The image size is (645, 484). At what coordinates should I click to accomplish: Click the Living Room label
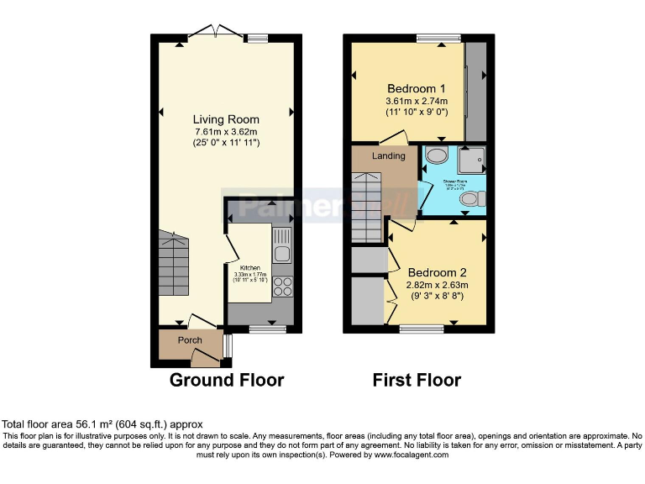point(226,119)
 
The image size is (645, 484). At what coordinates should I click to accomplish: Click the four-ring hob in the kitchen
point(282,287)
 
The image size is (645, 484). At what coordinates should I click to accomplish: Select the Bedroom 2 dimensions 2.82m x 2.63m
point(438,285)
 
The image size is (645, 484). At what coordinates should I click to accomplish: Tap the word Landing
point(389,156)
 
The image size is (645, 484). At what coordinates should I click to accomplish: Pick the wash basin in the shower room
point(436,155)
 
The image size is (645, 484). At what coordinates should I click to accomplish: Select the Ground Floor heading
point(227,380)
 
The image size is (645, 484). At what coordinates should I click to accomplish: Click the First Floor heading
point(417,380)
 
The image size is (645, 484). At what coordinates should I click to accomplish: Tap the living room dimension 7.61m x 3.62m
point(226,132)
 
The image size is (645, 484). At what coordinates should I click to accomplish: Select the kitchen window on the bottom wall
point(267,329)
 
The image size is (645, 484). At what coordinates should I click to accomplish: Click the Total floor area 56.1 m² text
point(102,424)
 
